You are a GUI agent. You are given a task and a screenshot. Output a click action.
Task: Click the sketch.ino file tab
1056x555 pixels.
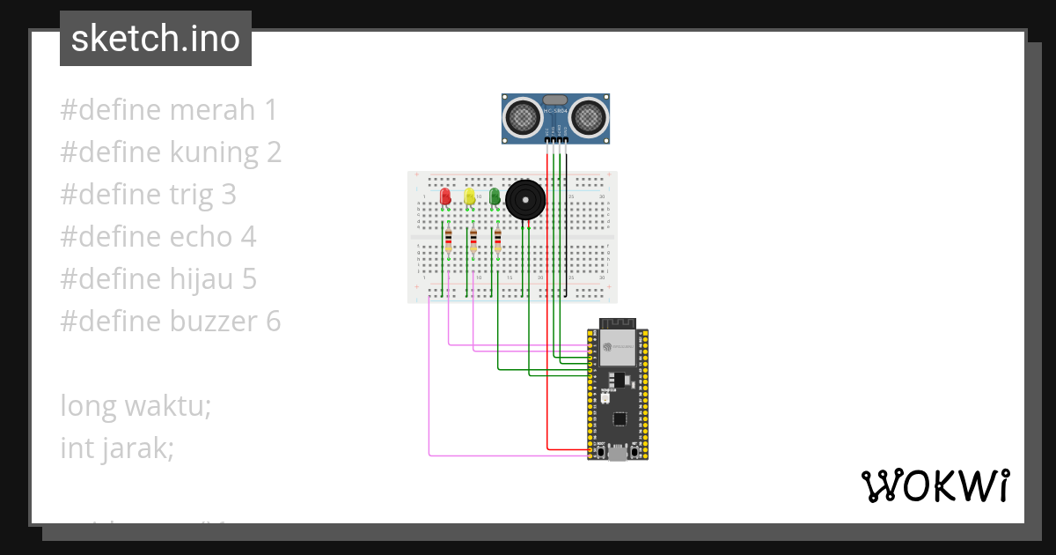click(156, 39)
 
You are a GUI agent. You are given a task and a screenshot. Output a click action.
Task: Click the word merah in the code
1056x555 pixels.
click(211, 110)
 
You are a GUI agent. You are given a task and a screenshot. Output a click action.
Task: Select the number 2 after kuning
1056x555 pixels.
click(275, 152)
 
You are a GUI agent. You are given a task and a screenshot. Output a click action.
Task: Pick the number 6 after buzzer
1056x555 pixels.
click(274, 322)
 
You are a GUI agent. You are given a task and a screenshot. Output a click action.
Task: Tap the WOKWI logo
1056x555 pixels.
click(935, 485)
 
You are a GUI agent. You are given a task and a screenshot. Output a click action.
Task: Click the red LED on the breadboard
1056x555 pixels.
click(445, 196)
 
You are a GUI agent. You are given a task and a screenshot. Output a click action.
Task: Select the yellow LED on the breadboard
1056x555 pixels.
click(470, 196)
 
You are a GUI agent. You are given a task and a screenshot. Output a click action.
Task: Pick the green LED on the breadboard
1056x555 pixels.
click(495, 196)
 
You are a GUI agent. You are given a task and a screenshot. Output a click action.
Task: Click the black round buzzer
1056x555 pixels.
click(524, 201)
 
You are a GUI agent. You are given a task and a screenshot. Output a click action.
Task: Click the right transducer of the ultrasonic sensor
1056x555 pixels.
click(588, 116)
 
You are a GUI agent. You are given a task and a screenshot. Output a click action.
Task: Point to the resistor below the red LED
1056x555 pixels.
click(449, 240)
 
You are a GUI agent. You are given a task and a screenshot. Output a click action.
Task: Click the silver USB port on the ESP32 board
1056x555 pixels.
click(618, 454)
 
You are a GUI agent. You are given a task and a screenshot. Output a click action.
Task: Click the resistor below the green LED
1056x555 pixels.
click(498, 240)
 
